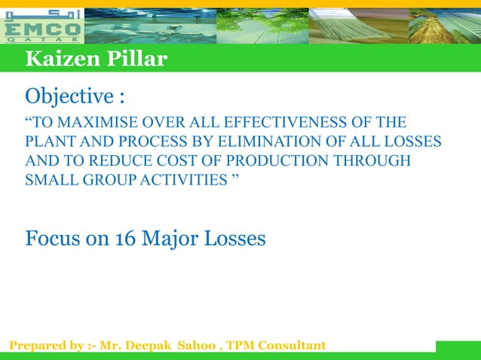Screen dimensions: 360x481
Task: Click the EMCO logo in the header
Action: point(43,25)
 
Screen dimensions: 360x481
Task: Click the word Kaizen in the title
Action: point(57,59)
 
